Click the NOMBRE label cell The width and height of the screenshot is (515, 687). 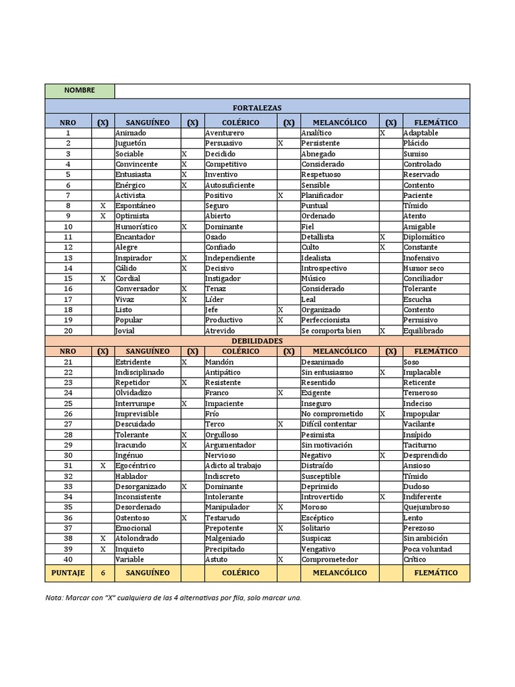click(x=80, y=91)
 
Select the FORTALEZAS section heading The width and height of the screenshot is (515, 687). click(x=257, y=107)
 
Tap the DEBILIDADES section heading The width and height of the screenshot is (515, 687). click(x=257, y=341)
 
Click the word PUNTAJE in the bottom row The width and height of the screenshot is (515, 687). click(x=68, y=573)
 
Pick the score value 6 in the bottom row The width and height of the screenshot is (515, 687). click(x=103, y=573)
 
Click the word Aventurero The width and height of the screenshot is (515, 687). click(x=225, y=133)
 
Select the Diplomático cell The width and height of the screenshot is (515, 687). click(x=424, y=237)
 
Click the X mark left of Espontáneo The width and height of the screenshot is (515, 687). click(x=103, y=206)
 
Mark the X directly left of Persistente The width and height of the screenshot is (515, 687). click(x=281, y=144)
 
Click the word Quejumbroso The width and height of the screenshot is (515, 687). click(x=426, y=507)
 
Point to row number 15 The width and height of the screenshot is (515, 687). click(x=68, y=278)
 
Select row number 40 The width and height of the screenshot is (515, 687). click(x=68, y=560)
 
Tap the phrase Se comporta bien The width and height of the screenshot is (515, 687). click(x=331, y=331)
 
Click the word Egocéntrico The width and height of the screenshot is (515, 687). click(x=135, y=466)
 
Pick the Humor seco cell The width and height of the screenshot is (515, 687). click(x=423, y=268)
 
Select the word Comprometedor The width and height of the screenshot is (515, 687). click(x=330, y=560)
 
